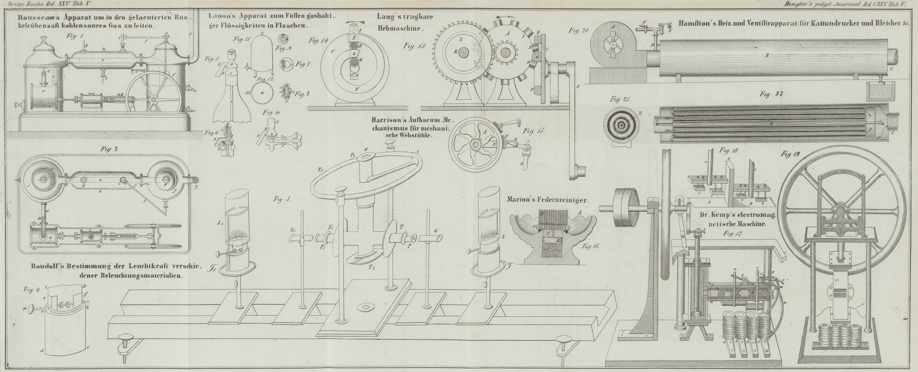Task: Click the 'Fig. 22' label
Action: tap(771, 94)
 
